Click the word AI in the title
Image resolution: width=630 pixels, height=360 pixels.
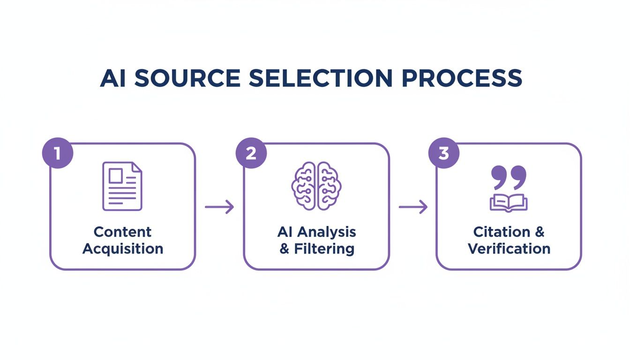(x=113, y=78)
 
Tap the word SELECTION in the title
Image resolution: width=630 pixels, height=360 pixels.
(x=319, y=78)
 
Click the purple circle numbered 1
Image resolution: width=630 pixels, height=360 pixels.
(x=58, y=153)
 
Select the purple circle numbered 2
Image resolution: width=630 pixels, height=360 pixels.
(x=251, y=153)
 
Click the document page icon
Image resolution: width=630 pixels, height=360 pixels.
(x=122, y=186)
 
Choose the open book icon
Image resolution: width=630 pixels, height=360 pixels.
(x=509, y=202)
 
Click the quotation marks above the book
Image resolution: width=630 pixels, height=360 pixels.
(x=509, y=178)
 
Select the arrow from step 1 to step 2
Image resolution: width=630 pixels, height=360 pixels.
(x=219, y=207)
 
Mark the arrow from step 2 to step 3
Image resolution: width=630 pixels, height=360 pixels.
(x=413, y=207)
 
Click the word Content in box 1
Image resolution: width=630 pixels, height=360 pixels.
(x=122, y=232)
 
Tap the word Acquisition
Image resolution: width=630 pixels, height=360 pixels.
(x=123, y=249)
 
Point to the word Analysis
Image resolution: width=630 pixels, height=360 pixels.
(x=327, y=232)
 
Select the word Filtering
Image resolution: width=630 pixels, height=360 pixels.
(x=324, y=249)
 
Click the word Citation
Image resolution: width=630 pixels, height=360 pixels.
(x=500, y=232)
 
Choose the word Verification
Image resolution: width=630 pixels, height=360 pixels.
(x=509, y=249)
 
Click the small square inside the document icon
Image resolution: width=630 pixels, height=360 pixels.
(x=115, y=176)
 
